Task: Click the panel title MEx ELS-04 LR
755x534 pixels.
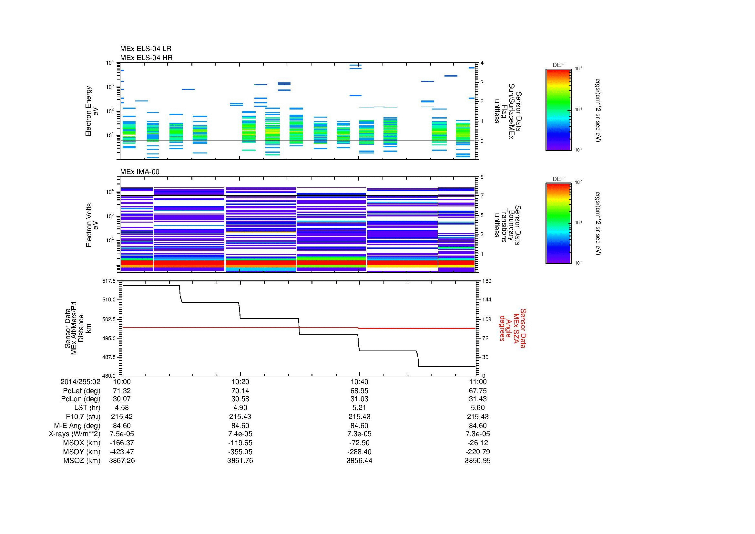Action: pos(145,49)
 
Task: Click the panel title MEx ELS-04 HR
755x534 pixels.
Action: pos(146,58)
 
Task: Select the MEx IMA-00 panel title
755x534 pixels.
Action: pos(139,172)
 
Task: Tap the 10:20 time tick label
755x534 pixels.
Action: pos(240,382)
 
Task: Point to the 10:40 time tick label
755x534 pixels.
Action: pos(359,382)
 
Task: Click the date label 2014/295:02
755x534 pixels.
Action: pos(80,382)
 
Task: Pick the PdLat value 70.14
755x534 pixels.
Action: pos(240,391)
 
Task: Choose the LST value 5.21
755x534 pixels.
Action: pos(359,408)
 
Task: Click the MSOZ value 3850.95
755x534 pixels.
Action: pos(477,461)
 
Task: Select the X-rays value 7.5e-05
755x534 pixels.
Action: pos(122,434)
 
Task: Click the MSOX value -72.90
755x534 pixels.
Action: pos(359,443)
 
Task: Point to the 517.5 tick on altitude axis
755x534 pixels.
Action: pos(109,281)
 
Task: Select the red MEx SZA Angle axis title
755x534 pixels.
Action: pos(512,328)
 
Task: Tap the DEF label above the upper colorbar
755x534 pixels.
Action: pos(558,65)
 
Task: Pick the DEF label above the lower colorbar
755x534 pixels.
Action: pos(558,179)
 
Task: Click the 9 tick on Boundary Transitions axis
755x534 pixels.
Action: pos(482,177)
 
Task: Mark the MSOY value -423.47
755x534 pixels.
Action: pos(122,452)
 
